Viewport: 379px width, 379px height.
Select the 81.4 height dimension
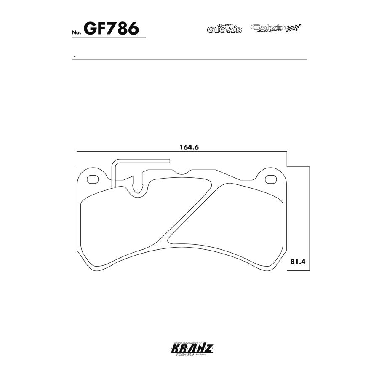click(297, 261)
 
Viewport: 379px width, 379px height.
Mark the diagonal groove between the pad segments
click(189, 211)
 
